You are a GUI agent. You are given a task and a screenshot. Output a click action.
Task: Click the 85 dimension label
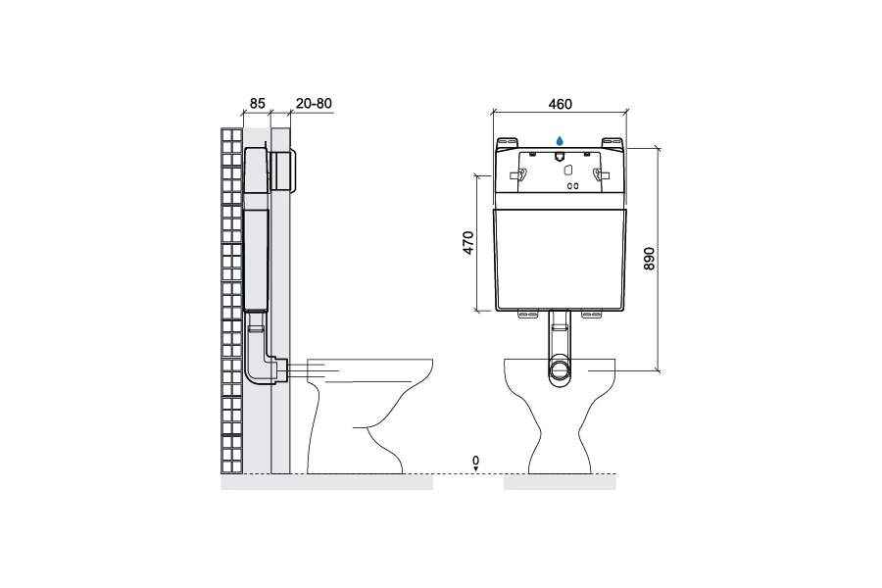(x=257, y=104)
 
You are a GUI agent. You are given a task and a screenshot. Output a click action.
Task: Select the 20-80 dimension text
(x=314, y=104)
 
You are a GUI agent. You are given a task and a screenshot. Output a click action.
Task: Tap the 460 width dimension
(x=561, y=104)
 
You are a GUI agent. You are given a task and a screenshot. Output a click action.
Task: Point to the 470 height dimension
(x=469, y=243)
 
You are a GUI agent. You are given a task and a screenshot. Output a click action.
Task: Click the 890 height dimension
(x=649, y=259)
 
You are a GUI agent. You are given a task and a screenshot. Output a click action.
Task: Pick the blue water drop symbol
(x=560, y=141)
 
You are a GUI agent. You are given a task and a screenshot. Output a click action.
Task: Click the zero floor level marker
(x=476, y=463)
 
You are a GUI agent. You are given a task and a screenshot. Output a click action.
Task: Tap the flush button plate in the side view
(x=283, y=171)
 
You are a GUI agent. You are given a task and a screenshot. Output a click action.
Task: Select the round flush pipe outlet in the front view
(x=560, y=370)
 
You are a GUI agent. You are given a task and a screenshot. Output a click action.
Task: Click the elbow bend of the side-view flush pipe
(x=261, y=371)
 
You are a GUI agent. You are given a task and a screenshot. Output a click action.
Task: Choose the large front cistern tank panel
(x=561, y=260)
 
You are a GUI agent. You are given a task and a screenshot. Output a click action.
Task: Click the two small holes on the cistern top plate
(x=572, y=185)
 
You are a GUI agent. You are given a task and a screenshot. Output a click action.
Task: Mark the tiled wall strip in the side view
(x=231, y=301)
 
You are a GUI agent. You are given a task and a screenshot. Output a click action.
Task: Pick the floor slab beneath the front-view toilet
(x=560, y=481)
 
